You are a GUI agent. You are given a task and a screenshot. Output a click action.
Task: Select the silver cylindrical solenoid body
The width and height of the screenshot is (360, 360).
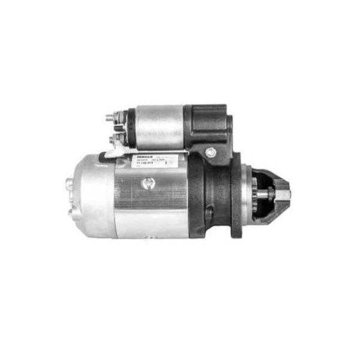tap(160, 127)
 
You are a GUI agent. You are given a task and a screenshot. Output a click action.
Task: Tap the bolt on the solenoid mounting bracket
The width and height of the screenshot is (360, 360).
tap(210, 152)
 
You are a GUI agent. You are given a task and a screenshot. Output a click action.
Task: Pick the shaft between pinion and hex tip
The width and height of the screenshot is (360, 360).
tap(274, 194)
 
